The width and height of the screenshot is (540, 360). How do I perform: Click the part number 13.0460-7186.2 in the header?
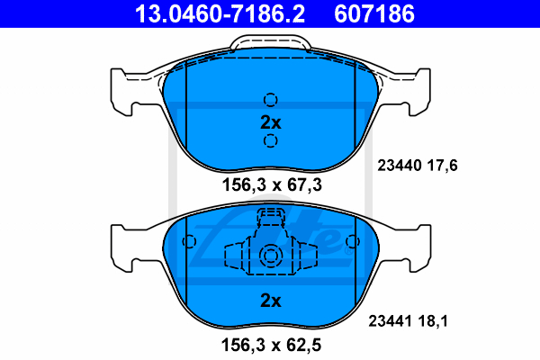[x=220, y=13]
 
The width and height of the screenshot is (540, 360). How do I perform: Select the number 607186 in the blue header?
[x=374, y=13]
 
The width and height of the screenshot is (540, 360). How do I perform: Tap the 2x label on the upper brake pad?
[x=271, y=122]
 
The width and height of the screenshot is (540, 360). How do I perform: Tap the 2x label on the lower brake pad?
[x=271, y=301]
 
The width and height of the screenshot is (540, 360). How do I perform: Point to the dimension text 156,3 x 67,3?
[x=272, y=184]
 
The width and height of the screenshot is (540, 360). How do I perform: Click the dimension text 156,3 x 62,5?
[x=272, y=345]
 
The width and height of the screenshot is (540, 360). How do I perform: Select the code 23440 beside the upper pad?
[x=400, y=166]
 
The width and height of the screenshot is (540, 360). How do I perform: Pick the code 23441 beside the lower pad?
[x=391, y=321]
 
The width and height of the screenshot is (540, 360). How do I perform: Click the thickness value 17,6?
[x=443, y=166]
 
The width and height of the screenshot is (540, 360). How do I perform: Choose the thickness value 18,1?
[x=433, y=321]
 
